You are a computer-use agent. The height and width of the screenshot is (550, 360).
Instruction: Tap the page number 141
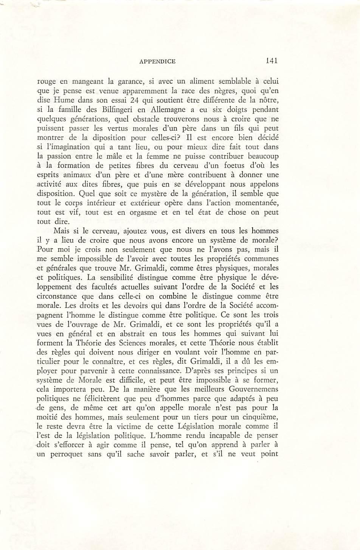(272, 61)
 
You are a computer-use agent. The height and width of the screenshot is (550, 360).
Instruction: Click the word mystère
(138, 194)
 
